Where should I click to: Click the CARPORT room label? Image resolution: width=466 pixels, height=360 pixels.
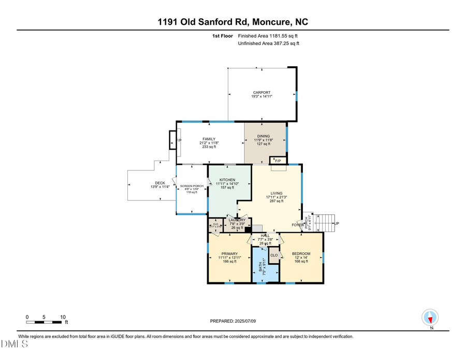point(261,93)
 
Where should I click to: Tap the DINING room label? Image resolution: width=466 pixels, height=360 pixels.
point(264,136)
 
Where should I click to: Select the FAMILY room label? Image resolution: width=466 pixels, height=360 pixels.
point(209,139)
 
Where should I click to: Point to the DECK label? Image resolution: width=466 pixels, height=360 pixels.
point(160,183)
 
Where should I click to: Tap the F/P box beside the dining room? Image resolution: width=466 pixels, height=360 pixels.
point(278,160)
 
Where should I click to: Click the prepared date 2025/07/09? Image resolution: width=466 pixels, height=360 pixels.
point(244,321)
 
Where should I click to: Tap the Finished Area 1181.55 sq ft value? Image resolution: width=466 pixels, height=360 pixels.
point(268,36)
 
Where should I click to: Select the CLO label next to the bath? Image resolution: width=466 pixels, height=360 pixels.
point(274,255)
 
